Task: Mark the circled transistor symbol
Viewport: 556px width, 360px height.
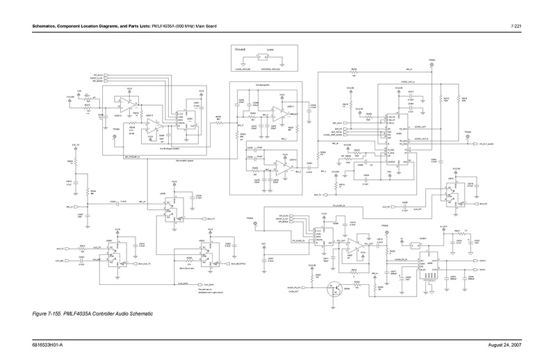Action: pos(336,287)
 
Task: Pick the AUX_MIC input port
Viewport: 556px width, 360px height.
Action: pos(60,261)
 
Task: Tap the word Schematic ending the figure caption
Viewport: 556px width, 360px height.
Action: pos(140,314)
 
